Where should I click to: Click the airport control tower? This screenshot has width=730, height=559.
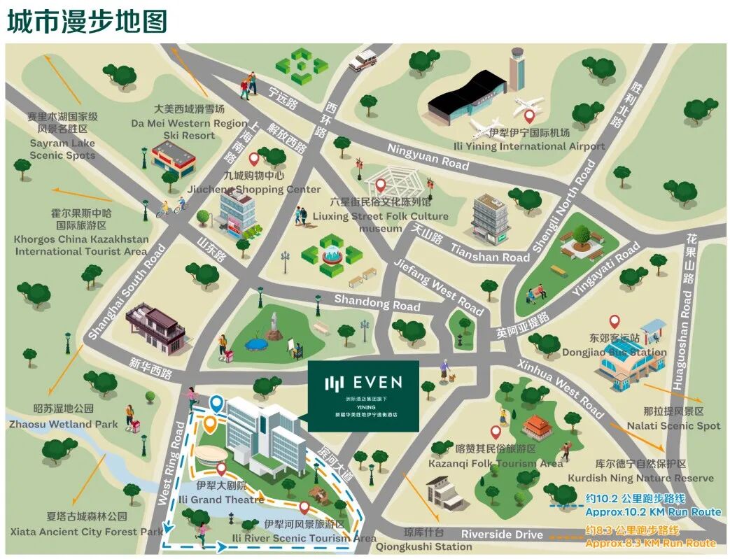coord(517,69)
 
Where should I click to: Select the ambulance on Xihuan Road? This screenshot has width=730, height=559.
coord(363,61)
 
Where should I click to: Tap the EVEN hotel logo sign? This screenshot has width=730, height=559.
coord(363,395)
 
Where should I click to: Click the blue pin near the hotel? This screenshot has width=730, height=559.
coord(217,403)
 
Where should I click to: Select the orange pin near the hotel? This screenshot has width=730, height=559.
coord(210,422)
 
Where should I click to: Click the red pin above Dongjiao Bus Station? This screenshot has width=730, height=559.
coord(615,322)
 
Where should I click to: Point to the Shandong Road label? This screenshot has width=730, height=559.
coord(377,302)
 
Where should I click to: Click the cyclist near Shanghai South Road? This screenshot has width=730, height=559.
coord(171,207)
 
